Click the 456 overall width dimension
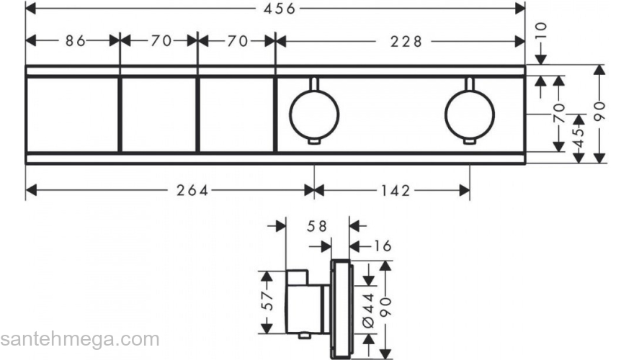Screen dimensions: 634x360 [280, 9]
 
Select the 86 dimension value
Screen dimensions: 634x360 [76, 41]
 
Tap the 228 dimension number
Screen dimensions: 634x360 [406, 41]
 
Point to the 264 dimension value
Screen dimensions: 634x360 [192, 190]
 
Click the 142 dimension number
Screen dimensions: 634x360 [396, 190]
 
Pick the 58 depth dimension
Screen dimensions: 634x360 [316, 226]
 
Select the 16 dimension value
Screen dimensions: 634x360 [382, 246]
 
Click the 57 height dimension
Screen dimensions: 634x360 [267, 301]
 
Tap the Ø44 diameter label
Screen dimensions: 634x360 [369, 310]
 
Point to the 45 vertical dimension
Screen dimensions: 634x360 [579, 138]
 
